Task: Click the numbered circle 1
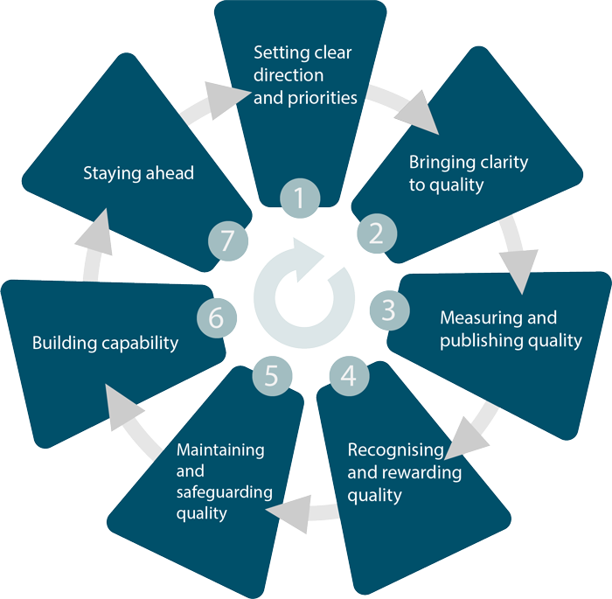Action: click(x=300, y=199)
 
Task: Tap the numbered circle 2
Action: click(x=376, y=233)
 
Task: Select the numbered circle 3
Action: click(x=388, y=310)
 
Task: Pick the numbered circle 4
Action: click(x=349, y=376)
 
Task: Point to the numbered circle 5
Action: click(x=271, y=376)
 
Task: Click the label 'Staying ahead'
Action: click(x=138, y=173)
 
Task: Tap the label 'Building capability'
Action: click(x=105, y=343)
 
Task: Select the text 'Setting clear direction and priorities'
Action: click(x=304, y=75)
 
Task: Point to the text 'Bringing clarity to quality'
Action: click(x=469, y=173)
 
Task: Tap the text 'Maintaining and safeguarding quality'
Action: click(x=220, y=481)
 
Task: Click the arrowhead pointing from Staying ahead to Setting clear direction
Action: click(x=220, y=94)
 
